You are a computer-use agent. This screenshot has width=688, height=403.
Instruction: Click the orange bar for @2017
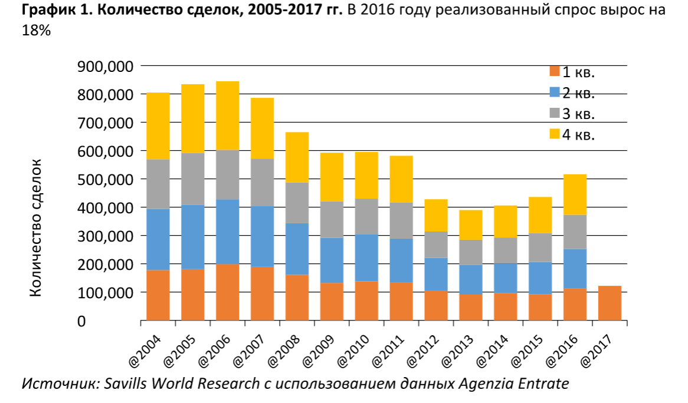click(610, 303)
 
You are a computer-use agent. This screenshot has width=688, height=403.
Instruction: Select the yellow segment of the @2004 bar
click(158, 126)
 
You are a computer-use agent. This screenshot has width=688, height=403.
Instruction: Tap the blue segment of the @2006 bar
click(228, 232)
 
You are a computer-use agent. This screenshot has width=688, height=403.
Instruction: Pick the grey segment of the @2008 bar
click(297, 203)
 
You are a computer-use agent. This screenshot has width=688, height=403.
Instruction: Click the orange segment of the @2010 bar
click(366, 301)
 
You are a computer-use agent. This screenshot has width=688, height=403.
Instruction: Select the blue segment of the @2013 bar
click(471, 279)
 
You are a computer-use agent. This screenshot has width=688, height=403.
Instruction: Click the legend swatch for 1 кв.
click(554, 72)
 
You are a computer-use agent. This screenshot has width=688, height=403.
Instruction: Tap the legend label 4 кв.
click(578, 135)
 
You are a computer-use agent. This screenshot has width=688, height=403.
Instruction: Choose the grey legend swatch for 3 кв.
click(554, 114)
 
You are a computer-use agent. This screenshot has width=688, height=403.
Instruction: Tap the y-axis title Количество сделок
click(36, 227)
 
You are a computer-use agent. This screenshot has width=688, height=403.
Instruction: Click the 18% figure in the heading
click(35, 32)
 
